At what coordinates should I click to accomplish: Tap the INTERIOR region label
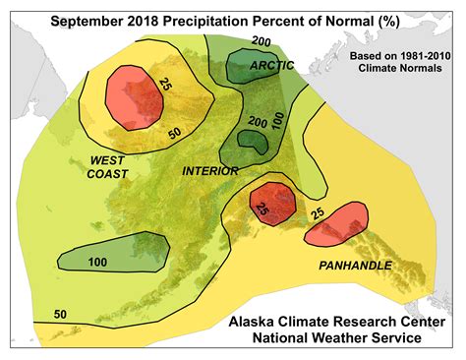(x=210, y=170)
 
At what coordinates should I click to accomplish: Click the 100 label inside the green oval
(x=97, y=262)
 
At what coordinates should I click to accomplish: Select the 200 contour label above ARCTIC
(x=261, y=41)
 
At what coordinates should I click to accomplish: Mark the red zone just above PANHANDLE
(x=335, y=224)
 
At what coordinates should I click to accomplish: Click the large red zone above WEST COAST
(x=134, y=96)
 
